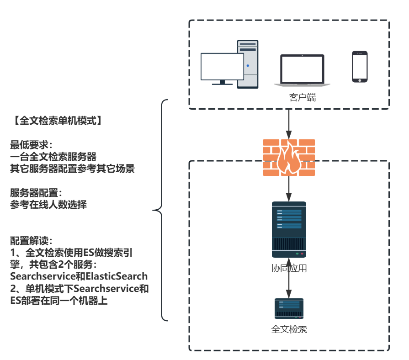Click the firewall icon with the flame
point(289,158)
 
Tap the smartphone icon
point(360,67)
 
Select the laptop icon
point(302,70)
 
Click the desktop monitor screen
point(222,68)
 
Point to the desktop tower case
point(248,64)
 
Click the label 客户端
point(302,97)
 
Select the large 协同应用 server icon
point(289,229)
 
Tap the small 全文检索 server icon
point(289,308)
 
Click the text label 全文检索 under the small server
point(289,329)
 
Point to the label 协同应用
point(289,268)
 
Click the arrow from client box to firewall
point(289,123)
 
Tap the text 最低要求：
point(32,145)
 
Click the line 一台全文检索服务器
point(53,157)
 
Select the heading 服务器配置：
point(36,193)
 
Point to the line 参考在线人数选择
point(48,205)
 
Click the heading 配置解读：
point(32,240)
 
